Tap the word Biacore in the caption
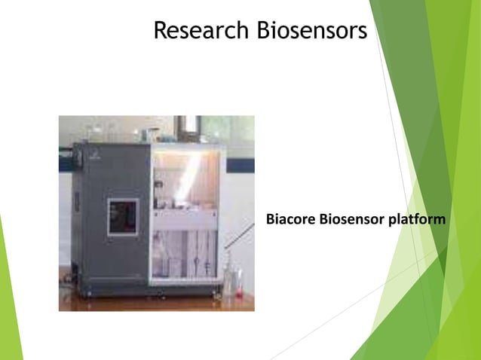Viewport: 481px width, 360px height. point(291,220)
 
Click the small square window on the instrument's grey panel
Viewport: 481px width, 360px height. point(124,215)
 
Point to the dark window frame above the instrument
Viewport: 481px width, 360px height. point(188,127)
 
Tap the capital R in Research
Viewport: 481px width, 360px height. point(160,31)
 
